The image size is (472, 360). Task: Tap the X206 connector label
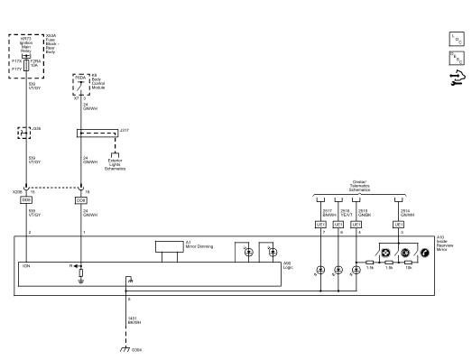point(17,191)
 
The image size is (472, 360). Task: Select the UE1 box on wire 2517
point(321,224)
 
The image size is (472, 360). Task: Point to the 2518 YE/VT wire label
point(346,212)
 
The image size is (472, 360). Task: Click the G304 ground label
point(137,349)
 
